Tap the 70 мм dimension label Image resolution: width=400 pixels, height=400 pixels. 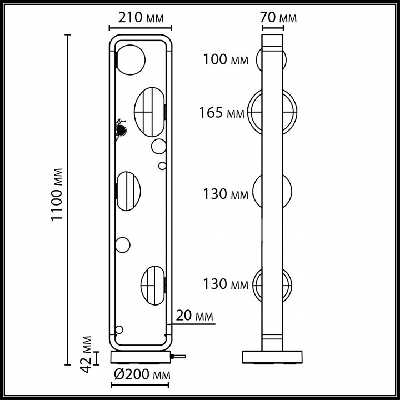tap(278, 18)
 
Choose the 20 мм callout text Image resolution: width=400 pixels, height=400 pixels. tap(194, 316)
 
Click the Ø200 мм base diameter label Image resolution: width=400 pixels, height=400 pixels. tap(141, 374)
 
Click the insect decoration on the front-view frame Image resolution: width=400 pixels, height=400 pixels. tap(120, 128)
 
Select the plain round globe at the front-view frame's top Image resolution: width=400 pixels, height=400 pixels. tap(131, 57)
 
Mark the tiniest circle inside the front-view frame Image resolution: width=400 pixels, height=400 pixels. tap(162, 165)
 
